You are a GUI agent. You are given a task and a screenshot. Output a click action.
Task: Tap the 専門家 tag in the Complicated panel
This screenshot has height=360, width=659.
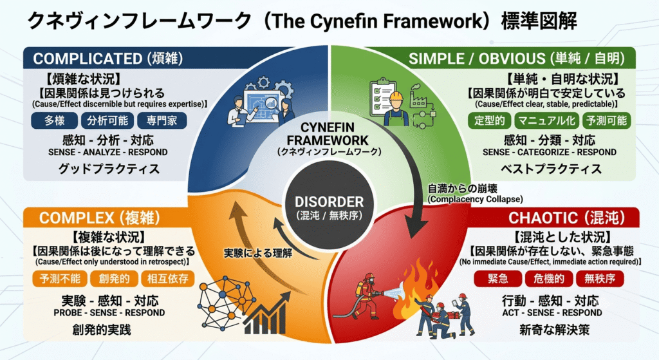tap(162, 120)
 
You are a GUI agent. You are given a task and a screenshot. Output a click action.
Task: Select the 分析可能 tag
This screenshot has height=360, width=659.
tap(107, 120)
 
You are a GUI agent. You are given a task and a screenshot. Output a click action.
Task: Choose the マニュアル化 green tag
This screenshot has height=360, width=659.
tap(546, 120)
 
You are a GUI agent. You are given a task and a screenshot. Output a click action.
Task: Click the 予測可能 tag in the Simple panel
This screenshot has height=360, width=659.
tap(606, 120)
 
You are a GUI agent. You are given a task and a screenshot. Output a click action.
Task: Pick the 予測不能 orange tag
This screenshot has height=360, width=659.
tap(60, 278)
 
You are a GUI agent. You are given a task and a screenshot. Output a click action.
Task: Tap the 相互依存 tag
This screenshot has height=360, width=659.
tap(168, 278)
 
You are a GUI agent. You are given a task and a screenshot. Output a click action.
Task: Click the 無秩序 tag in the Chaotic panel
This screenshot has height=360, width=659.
tap(600, 278)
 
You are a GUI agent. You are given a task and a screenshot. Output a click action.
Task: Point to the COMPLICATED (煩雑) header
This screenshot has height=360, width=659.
tap(108, 59)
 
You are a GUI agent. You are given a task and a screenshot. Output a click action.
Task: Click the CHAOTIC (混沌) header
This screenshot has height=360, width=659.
tap(566, 218)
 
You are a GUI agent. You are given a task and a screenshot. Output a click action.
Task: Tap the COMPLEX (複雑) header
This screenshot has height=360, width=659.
tap(100, 218)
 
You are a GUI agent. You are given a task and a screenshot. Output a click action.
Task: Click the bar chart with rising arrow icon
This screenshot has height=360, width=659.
tap(267, 314)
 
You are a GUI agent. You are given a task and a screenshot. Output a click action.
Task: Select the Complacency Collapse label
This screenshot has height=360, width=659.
tap(476, 199)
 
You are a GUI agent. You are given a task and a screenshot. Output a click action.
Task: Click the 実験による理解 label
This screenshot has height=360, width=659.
tap(258, 253)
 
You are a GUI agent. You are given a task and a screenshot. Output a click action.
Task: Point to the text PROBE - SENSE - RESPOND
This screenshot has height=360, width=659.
tap(109, 313)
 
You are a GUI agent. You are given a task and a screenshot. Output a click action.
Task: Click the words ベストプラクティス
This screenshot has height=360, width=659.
tap(551, 169)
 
